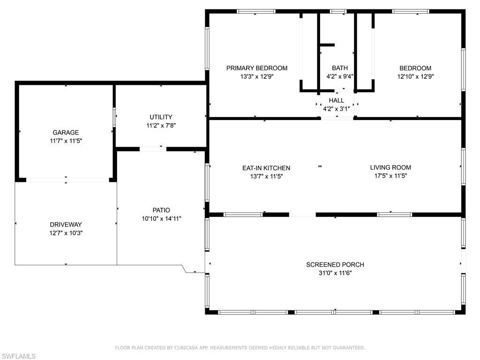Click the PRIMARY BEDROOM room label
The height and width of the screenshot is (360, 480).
pyautogui.click(x=256, y=68)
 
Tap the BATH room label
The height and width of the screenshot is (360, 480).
pyautogui.click(x=340, y=68)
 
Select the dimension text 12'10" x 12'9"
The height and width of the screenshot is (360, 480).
pyautogui.click(x=415, y=77)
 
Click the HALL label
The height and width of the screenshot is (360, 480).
pyautogui.click(x=336, y=100)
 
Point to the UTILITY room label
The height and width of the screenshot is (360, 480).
pyautogui.click(x=161, y=117)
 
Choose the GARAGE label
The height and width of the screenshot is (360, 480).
pyautogui.click(x=66, y=133)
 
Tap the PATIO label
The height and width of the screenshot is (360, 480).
pyautogui.click(x=161, y=210)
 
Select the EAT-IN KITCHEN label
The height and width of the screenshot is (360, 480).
pyautogui.click(x=266, y=168)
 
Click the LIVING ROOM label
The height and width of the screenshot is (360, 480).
pyautogui.click(x=390, y=167)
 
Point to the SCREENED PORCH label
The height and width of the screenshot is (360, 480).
pyautogui.click(x=335, y=264)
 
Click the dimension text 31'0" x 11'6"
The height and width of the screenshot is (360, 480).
pyautogui.click(x=335, y=273)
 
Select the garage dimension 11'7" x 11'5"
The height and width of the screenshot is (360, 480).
pyautogui.click(x=66, y=141)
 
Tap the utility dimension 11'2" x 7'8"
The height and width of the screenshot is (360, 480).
pyautogui.click(x=161, y=125)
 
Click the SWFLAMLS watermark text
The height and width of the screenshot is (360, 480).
pyautogui.click(x=18, y=356)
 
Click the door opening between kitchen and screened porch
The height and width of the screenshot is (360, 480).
pyautogui.click(x=302, y=215)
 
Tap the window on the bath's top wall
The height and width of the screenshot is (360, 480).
pyautogui.click(x=338, y=11)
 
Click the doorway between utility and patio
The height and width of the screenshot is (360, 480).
pyautogui.click(x=153, y=149)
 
